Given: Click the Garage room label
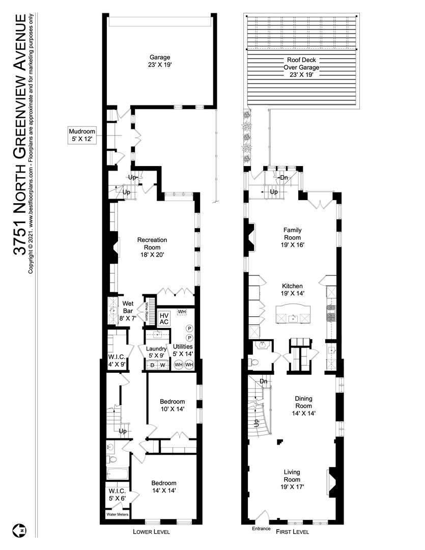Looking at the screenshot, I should tap(159, 61).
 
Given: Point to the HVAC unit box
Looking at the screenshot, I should tap(164, 318).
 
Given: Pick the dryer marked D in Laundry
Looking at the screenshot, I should tap(152, 365).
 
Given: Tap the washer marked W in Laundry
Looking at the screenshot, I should tap(163, 365).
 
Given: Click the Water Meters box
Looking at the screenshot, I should tap(117, 514).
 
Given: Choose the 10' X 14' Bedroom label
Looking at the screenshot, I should tap(172, 405).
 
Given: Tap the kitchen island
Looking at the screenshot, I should tap(292, 314).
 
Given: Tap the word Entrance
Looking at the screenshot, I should tap(262, 529).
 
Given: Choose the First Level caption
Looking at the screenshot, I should tap(292, 532).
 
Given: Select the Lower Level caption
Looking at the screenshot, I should tap(152, 532).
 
